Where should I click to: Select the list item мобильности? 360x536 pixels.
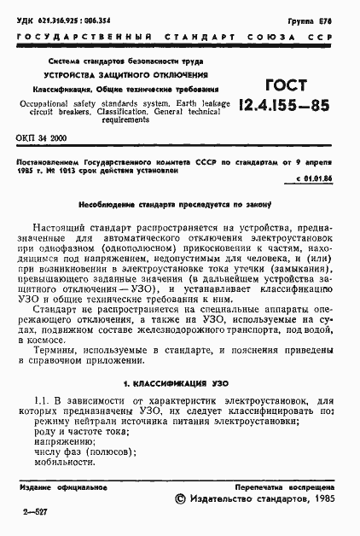[65, 462]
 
